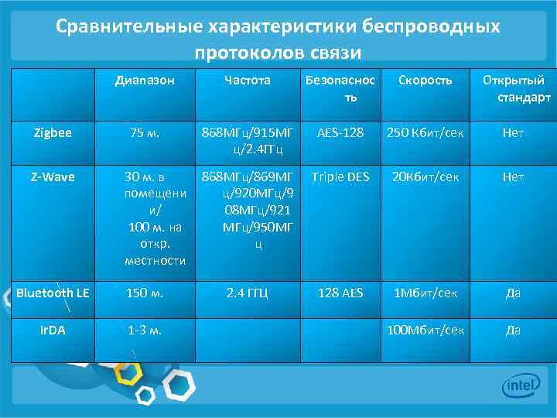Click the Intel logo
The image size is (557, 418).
[x=520, y=385]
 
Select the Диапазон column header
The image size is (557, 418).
[x=145, y=80]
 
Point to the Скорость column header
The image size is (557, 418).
[x=425, y=80]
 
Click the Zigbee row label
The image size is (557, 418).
[x=53, y=132]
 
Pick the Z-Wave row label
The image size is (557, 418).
[x=53, y=176]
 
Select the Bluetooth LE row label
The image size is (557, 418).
[x=53, y=293]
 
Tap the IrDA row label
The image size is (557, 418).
[x=53, y=330]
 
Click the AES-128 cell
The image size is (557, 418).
[x=340, y=132]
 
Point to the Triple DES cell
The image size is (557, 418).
[x=340, y=176]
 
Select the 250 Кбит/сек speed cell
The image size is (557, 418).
[x=425, y=132]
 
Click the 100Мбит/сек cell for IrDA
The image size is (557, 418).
[x=425, y=330]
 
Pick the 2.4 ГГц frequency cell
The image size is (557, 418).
[x=247, y=293]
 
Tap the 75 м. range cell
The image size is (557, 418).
[x=145, y=132]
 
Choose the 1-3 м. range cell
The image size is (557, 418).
[x=145, y=330]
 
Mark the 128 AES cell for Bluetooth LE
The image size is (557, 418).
[x=340, y=293]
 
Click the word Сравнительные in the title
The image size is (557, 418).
[x=126, y=26]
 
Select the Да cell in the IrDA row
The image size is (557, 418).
[x=513, y=330]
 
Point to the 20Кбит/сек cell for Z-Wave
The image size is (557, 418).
[x=425, y=176]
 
